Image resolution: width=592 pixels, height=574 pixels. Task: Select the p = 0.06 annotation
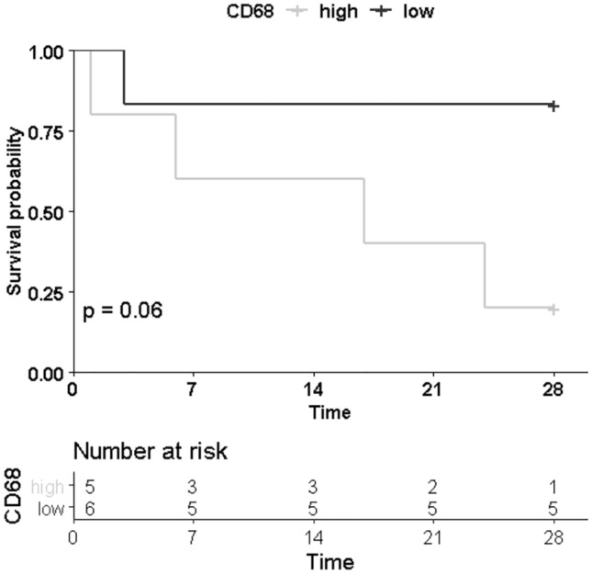(x=123, y=310)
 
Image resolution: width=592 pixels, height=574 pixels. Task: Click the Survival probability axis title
(x=15, y=212)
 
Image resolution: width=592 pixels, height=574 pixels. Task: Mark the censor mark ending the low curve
(x=553, y=106)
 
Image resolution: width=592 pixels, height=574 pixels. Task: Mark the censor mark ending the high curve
(x=553, y=310)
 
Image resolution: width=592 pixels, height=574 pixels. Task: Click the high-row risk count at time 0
(x=90, y=486)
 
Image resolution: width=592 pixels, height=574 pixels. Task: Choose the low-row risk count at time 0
(x=90, y=506)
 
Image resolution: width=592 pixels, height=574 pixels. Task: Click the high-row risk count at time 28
(x=553, y=486)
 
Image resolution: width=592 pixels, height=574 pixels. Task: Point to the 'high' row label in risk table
(x=46, y=486)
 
